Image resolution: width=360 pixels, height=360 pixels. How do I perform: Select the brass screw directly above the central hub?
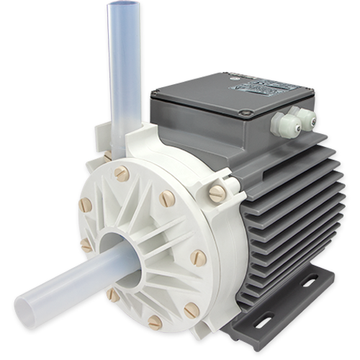coord(122,173)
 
